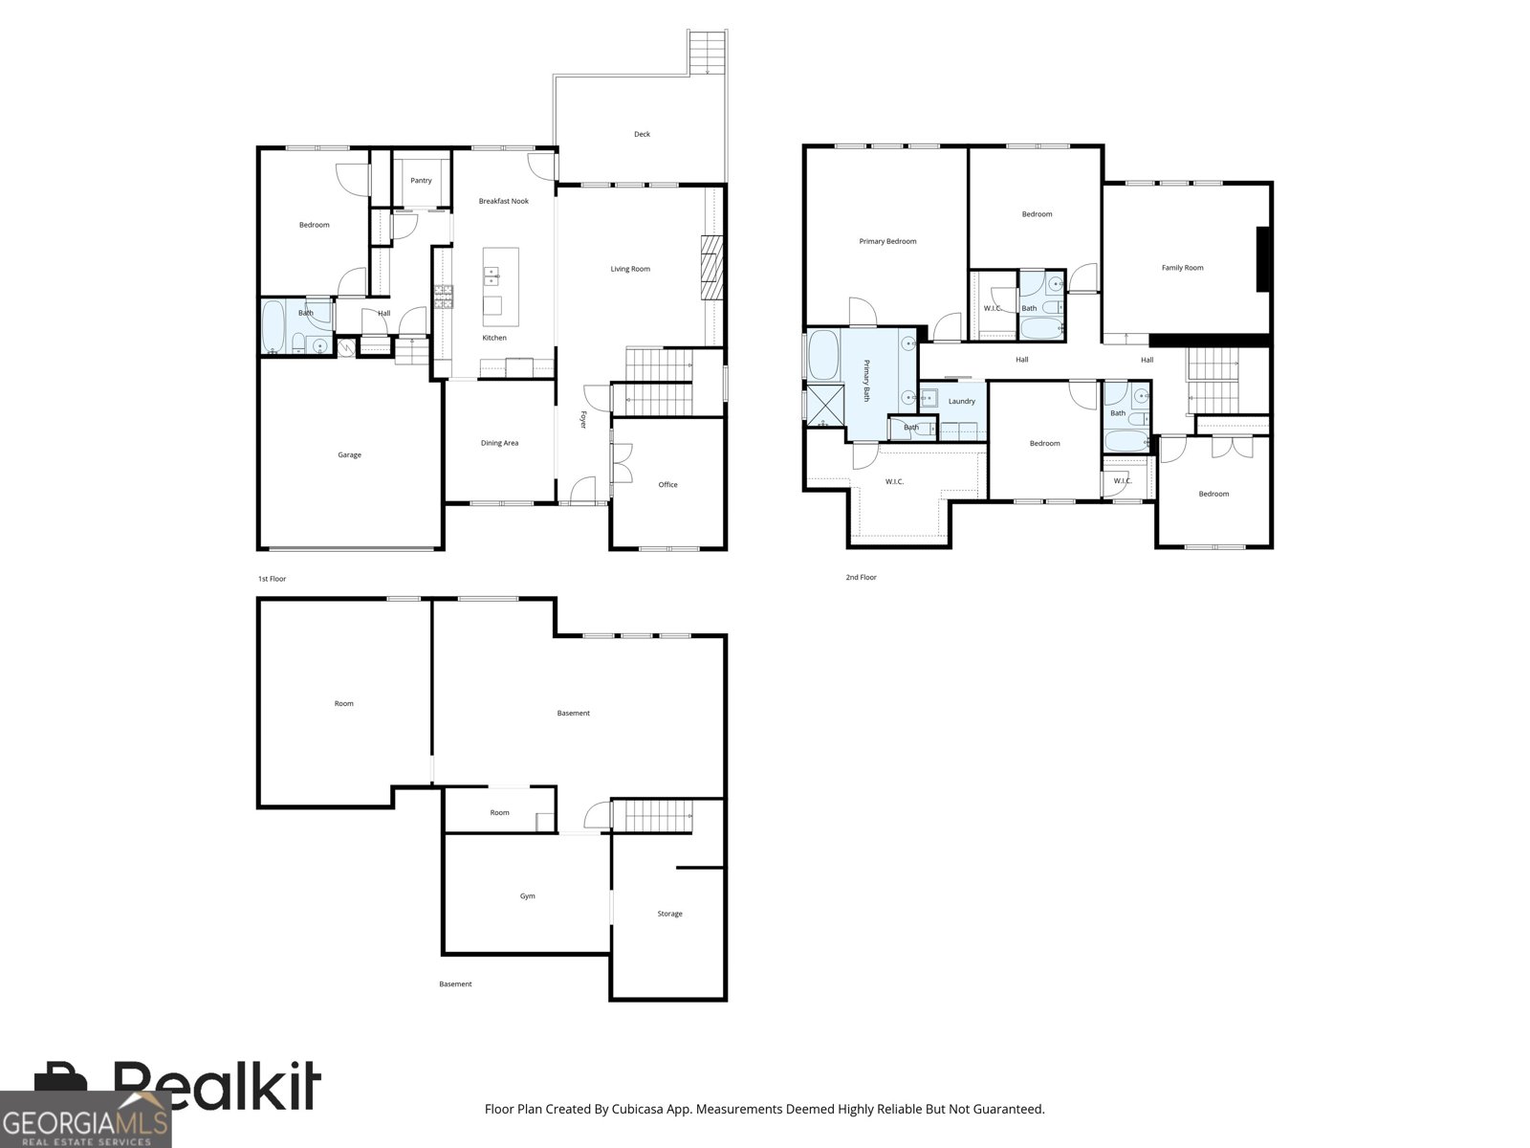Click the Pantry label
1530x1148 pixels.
(x=421, y=181)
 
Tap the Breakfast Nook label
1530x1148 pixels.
(x=503, y=202)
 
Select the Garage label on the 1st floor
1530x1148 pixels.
(x=349, y=455)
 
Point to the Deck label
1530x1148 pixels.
(x=642, y=135)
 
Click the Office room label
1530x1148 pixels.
(x=667, y=485)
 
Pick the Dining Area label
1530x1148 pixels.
(x=500, y=443)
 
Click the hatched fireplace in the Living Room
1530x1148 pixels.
(x=712, y=268)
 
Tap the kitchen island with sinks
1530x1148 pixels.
(x=501, y=287)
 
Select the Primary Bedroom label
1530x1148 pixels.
(x=887, y=242)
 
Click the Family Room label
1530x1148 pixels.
(x=1182, y=268)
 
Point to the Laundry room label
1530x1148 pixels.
(x=961, y=402)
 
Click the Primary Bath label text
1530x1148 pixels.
(x=867, y=381)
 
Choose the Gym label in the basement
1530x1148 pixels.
(x=528, y=896)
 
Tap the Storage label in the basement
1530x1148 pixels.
(x=670, y=914)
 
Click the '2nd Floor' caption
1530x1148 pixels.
(x=861, y=577)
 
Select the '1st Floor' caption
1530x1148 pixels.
(x=272, y=579)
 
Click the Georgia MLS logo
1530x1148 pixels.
(x=86, y=1119)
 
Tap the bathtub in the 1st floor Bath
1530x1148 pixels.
(x=273, y=326)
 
